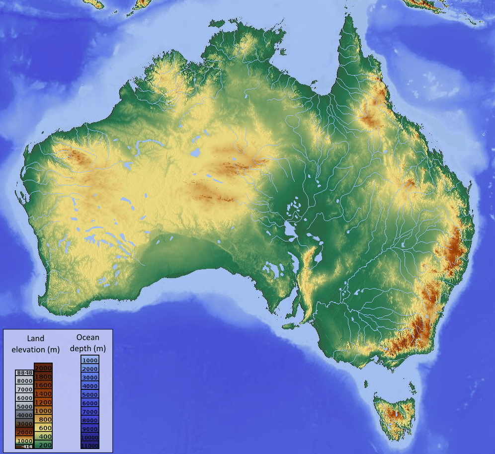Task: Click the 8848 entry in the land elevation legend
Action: click(24, 373)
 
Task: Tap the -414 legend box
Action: click(24, 447)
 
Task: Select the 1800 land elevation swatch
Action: click(43, 377)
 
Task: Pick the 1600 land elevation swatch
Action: click(43, 385)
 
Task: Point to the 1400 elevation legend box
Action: click(43, 393)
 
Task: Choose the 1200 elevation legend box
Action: click(43, 402)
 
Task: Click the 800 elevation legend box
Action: click(43, 419)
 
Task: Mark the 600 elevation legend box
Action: click(43, 428)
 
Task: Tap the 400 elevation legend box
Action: click(43, 436)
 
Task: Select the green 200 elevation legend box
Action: click(43, 445)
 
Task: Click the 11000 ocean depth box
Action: click(90, 446)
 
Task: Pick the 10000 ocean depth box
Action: click(90, 437)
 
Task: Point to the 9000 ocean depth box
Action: click(90, 429)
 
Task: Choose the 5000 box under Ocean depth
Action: click(90, 394)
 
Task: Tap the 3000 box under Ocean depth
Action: click(90, 378)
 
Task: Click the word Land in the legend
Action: click(36, 338)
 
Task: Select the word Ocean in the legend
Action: click(88, 338)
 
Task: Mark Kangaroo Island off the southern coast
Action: click(290, 326)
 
